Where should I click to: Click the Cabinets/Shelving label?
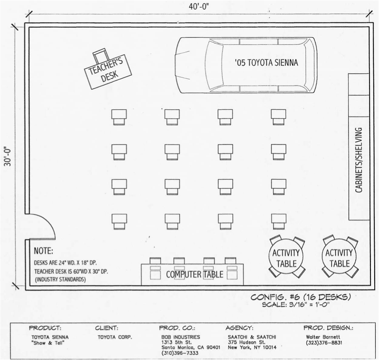coord(360,160)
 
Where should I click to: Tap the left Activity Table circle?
coord(286,258)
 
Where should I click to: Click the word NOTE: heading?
coord(44,251)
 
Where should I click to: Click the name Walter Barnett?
coord(323,337)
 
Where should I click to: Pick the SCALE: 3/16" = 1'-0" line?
coord(296,304)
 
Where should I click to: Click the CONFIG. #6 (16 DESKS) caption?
coord(301,297)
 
